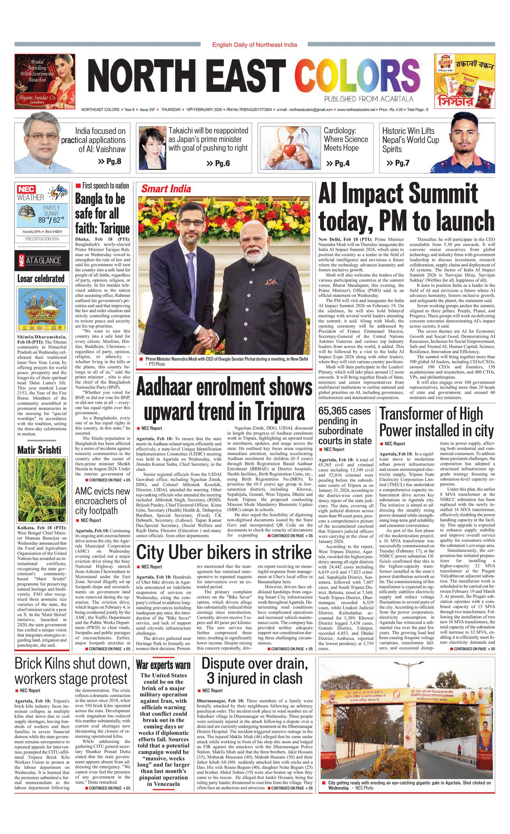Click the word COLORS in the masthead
click(x=357, y=76)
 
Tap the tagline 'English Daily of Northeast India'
click(x=254, y=45)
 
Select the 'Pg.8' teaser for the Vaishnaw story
click(x=110, y=161)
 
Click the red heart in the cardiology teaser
click(x=289, y=150)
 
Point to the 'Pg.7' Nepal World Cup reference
click(x=398, y=163)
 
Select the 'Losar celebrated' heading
click(x=41, y=278)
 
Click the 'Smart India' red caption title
click(x=166, y=189)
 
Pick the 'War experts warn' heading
click(x=163, y=665)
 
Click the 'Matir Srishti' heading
click(x=39, y=450)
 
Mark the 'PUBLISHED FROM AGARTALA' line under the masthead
click(x=368, y=99)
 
